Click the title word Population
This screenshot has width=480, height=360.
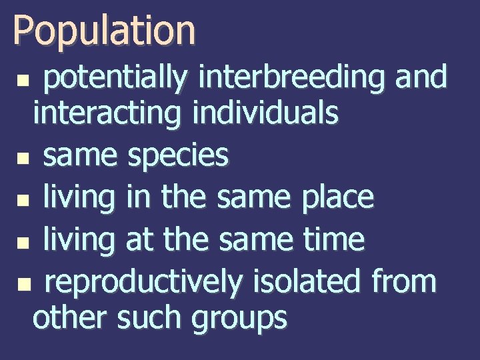[104, 31]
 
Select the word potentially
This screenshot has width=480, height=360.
[116, 79]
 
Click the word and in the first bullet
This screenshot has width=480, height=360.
[421, 77]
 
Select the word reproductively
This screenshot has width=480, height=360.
[143, 282]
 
